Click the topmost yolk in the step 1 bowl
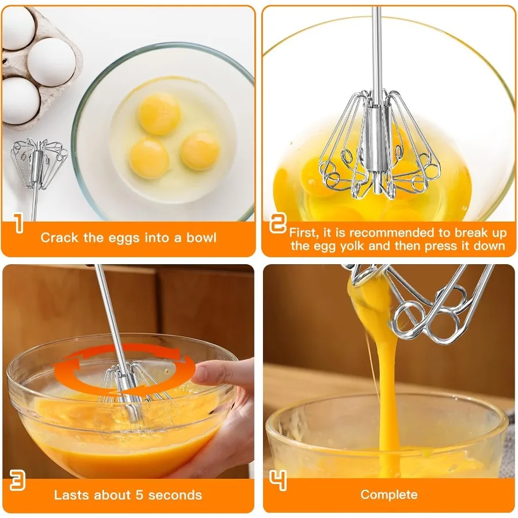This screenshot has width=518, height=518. (159, 113)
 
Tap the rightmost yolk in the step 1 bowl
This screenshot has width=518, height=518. (200, 150)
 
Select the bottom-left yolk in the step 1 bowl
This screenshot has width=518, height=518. (149, 158)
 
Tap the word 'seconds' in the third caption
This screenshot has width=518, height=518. (178, 495)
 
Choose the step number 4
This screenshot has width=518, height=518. (278, 481)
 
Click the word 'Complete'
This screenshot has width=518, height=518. (389, 494)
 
